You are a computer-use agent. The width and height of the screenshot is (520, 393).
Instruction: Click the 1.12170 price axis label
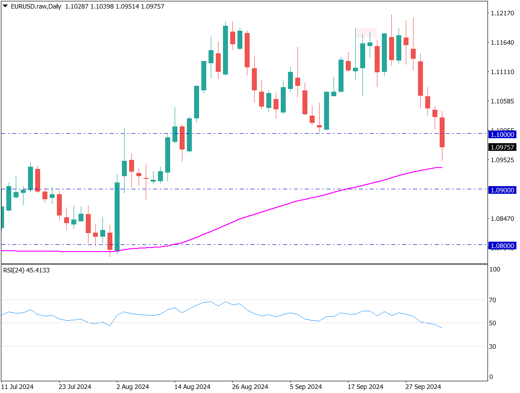point(502,13)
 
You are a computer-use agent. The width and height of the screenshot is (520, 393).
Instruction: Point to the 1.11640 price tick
point(502,42)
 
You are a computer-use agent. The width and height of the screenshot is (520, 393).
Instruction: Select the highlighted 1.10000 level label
point(502,134)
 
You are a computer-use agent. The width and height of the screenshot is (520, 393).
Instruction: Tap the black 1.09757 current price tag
point(502,147)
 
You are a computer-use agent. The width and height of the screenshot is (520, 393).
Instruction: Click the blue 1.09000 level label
point(502,190)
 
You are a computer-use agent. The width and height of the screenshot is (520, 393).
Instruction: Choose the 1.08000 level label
point(502,246)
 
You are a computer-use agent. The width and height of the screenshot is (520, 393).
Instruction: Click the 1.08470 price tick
point(502,219)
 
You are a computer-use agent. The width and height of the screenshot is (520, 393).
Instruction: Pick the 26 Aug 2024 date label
point(250,387)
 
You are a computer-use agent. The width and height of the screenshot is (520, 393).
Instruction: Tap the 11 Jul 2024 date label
point(17,387)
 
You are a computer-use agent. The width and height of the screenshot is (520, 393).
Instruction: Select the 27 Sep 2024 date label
point(422,387)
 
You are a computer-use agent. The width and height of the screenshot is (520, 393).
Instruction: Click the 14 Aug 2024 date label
point(193,387)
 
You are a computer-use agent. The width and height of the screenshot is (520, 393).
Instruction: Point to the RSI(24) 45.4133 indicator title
point(27,270)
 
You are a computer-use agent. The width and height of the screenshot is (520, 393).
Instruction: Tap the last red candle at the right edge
point(442,132)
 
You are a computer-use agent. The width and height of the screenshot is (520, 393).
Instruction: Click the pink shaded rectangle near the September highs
point(366,33)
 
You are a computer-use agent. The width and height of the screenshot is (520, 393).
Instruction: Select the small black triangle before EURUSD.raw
point(5,6)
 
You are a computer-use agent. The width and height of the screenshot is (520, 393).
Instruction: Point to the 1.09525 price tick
point(502,160)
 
